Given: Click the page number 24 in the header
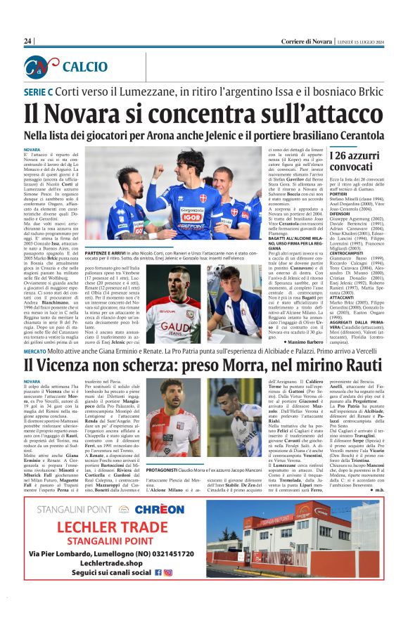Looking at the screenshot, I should tap(28, 41).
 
